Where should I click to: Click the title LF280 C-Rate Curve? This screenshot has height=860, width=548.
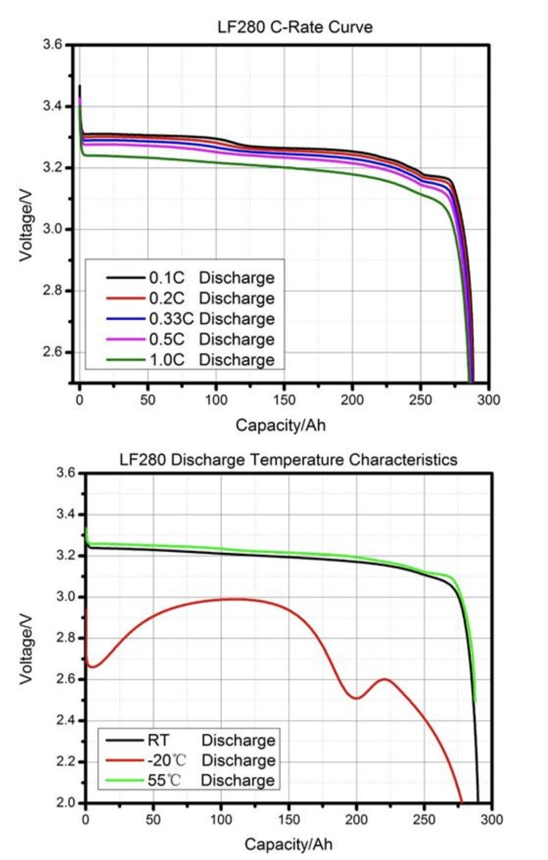coord(295,26)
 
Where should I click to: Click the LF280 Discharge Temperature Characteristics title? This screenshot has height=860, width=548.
coord(288,460)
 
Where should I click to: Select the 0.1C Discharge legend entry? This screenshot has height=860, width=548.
coord(190,278)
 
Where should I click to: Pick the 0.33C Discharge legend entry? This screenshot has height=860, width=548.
coord(190,319)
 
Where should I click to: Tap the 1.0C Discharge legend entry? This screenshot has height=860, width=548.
coord(190,360)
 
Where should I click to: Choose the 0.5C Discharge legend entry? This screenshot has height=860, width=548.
coord(190,339)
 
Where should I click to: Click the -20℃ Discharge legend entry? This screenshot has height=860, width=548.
coord(190,760)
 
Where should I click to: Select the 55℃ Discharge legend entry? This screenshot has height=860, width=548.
coord(190,780)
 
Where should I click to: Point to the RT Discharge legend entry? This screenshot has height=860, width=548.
coord(190,740)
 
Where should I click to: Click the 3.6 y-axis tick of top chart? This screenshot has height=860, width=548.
coord(52,45)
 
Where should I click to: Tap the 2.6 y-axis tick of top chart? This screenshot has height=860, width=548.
coord(52,352)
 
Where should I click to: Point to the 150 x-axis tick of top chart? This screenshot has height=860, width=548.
coord(284,400)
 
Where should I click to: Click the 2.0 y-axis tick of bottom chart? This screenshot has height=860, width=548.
coord(65,803)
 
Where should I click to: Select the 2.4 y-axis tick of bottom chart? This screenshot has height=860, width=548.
coord(65,720)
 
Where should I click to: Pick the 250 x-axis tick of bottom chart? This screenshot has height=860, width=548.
coord(424,819)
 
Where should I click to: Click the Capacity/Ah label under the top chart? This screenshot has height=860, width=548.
coord(281,425)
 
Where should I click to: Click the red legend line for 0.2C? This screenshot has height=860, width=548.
coord(126,298)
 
